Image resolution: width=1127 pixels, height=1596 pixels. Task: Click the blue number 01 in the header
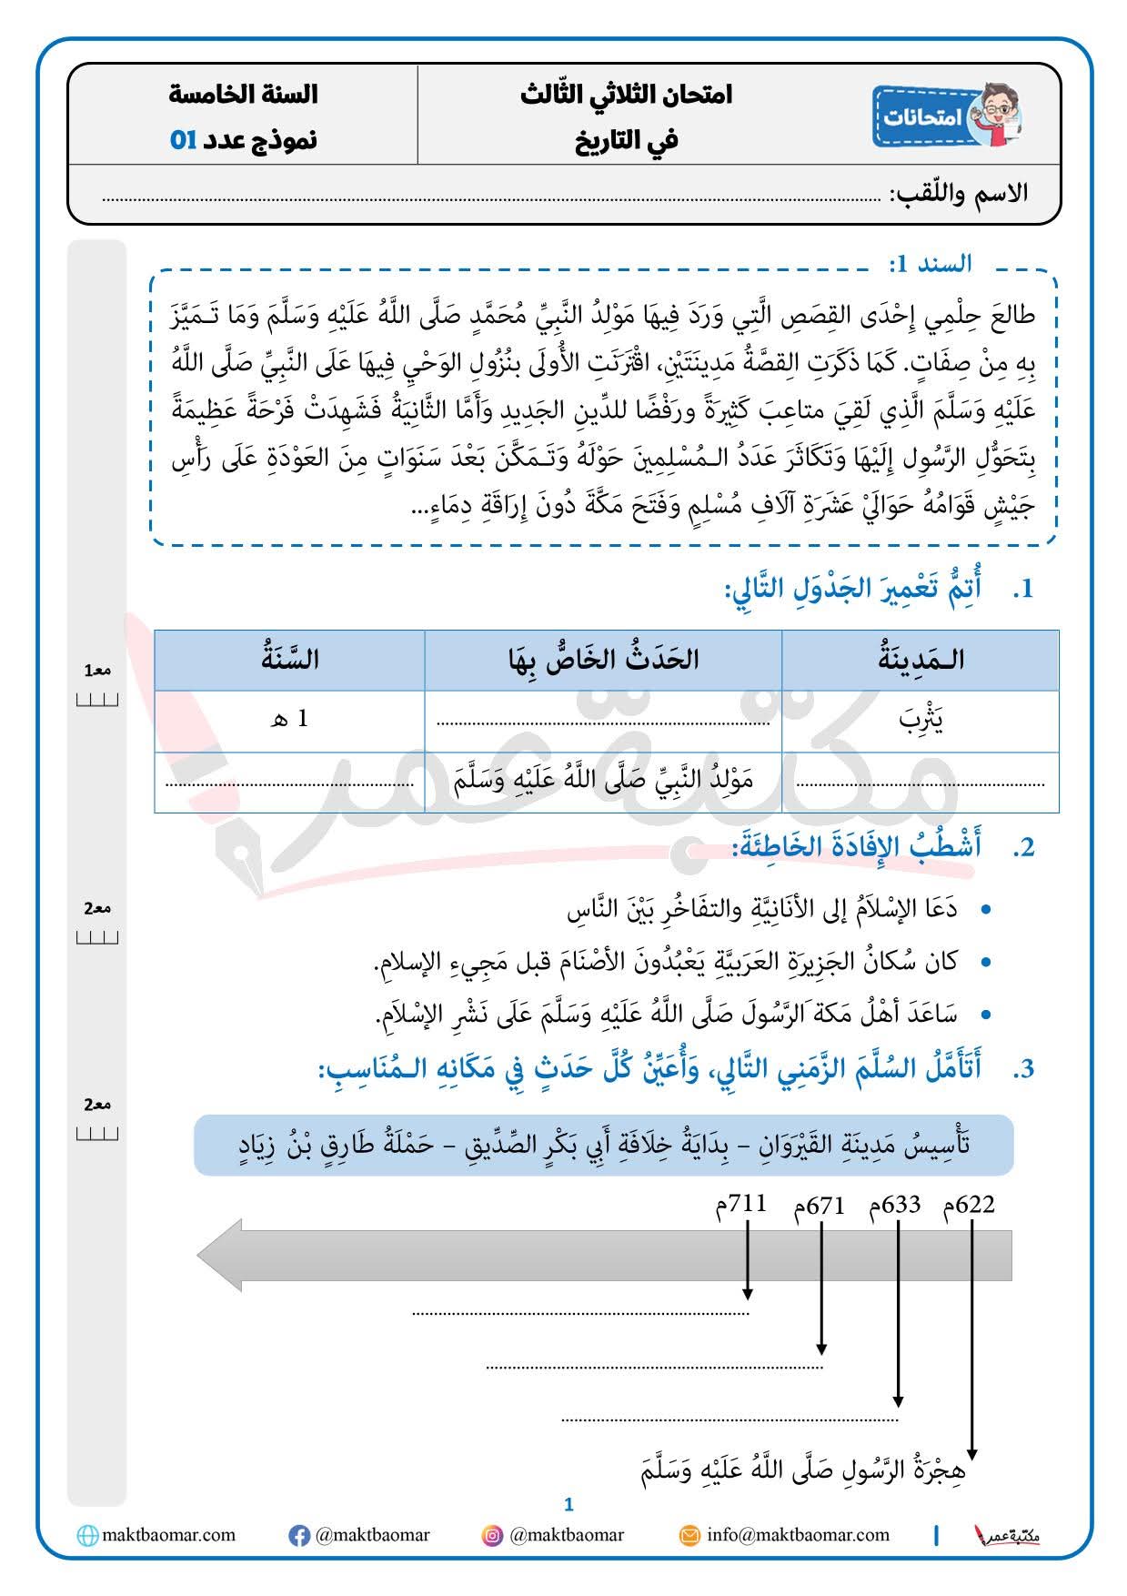coord(184,140)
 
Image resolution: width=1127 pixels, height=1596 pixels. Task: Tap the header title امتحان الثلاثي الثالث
coord(627,95)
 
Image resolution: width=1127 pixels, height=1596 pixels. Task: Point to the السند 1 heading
coord(930,264)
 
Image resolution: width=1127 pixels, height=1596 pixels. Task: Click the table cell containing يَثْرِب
coord(921,721)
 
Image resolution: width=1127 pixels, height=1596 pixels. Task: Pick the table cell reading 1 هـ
coord(290,719)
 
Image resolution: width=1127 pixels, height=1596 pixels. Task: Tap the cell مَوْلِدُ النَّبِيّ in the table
coord(603,781)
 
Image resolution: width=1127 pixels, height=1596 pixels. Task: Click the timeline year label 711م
coord(741,1206)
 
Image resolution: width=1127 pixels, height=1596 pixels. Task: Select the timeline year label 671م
coord(819,1207)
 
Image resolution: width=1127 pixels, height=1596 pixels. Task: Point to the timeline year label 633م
coord(895,1206)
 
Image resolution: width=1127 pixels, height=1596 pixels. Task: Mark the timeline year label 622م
coord(970,1206)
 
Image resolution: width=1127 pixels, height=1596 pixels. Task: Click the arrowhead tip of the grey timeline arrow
coord(202,1256)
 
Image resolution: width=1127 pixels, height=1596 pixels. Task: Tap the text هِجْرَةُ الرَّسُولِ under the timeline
coord(802,1470)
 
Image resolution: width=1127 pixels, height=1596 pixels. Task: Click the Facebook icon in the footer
coord(298,1536)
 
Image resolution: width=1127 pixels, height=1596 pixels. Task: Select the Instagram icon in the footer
coord(492,1536)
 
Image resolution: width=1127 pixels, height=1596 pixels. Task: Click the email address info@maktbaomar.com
coord(798,1535)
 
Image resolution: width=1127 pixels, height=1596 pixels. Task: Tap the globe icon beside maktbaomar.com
coord(87,1536)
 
